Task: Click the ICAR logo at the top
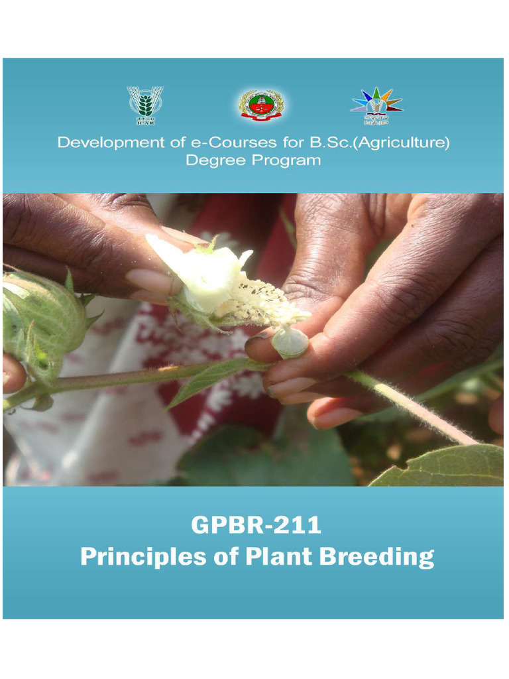point(145,105)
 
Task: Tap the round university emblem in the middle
point(261,105)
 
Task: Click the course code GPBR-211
point(256,526)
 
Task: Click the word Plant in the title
point(279,556)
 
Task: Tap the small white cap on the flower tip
point(290,341)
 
